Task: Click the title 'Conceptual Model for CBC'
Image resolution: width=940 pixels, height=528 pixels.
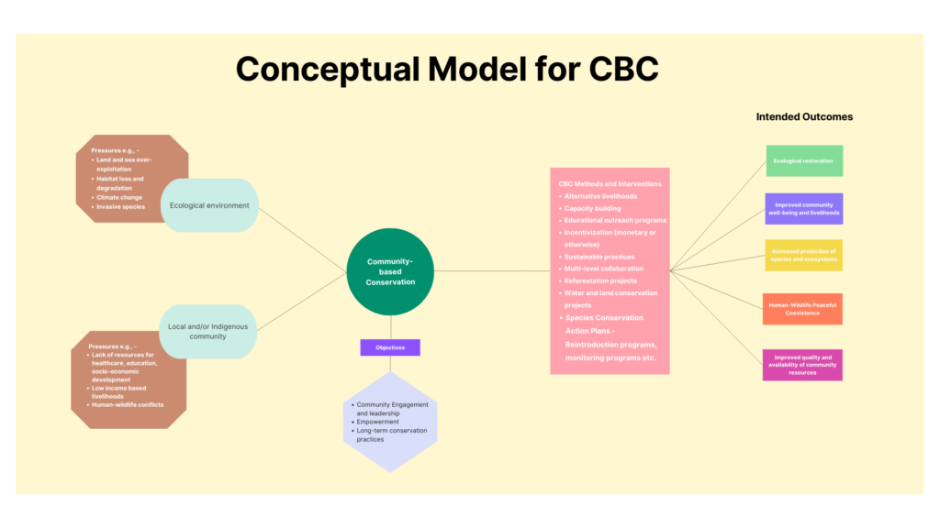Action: coord(447,70)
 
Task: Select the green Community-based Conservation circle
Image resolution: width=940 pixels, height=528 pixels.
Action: coord(390,271)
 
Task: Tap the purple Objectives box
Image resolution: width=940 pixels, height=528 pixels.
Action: coord(390,348)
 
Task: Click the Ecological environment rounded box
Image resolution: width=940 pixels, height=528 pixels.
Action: coord(209,205)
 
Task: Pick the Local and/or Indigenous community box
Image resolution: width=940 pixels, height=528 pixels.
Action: coord(208,331)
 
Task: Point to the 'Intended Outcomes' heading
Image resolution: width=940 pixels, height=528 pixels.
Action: coord(804,116)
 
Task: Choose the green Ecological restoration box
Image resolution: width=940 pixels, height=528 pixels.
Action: coord(803,160)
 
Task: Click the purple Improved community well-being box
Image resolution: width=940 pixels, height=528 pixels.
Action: coord(803,209)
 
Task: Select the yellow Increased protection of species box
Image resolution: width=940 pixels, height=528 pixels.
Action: coord(803,256)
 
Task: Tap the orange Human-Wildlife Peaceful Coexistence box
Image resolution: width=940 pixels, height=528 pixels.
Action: coord(803,309)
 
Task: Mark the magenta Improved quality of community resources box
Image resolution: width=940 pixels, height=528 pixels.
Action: coord(803,365)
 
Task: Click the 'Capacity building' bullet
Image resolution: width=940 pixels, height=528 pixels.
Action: coord(592,208)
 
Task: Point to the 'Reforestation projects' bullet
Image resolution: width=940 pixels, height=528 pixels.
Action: coord(600,280)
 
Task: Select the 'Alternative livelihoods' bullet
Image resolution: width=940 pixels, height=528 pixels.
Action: coord(600,196)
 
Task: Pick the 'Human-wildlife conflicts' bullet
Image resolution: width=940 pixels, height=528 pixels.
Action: coord(128,404)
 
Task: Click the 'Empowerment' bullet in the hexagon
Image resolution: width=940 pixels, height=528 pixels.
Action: coord(377,422)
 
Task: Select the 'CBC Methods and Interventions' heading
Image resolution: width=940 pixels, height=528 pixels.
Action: coord(609,184)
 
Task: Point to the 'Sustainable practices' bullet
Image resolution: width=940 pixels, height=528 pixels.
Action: coord(599,257)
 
